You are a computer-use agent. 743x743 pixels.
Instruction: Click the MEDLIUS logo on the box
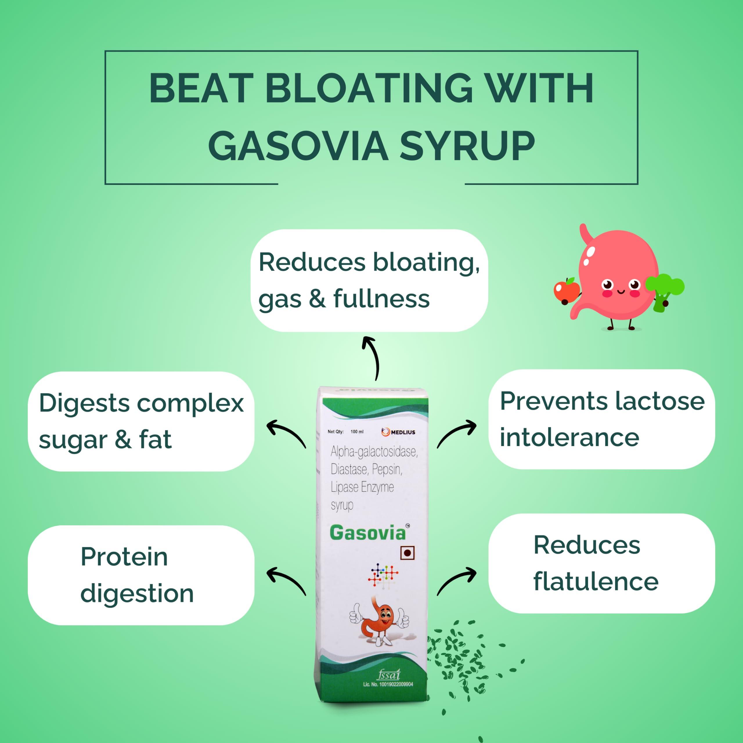(398, 432)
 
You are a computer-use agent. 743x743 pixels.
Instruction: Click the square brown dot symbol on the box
(407, 553)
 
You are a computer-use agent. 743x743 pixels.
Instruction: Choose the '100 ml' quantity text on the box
(357, 432)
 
